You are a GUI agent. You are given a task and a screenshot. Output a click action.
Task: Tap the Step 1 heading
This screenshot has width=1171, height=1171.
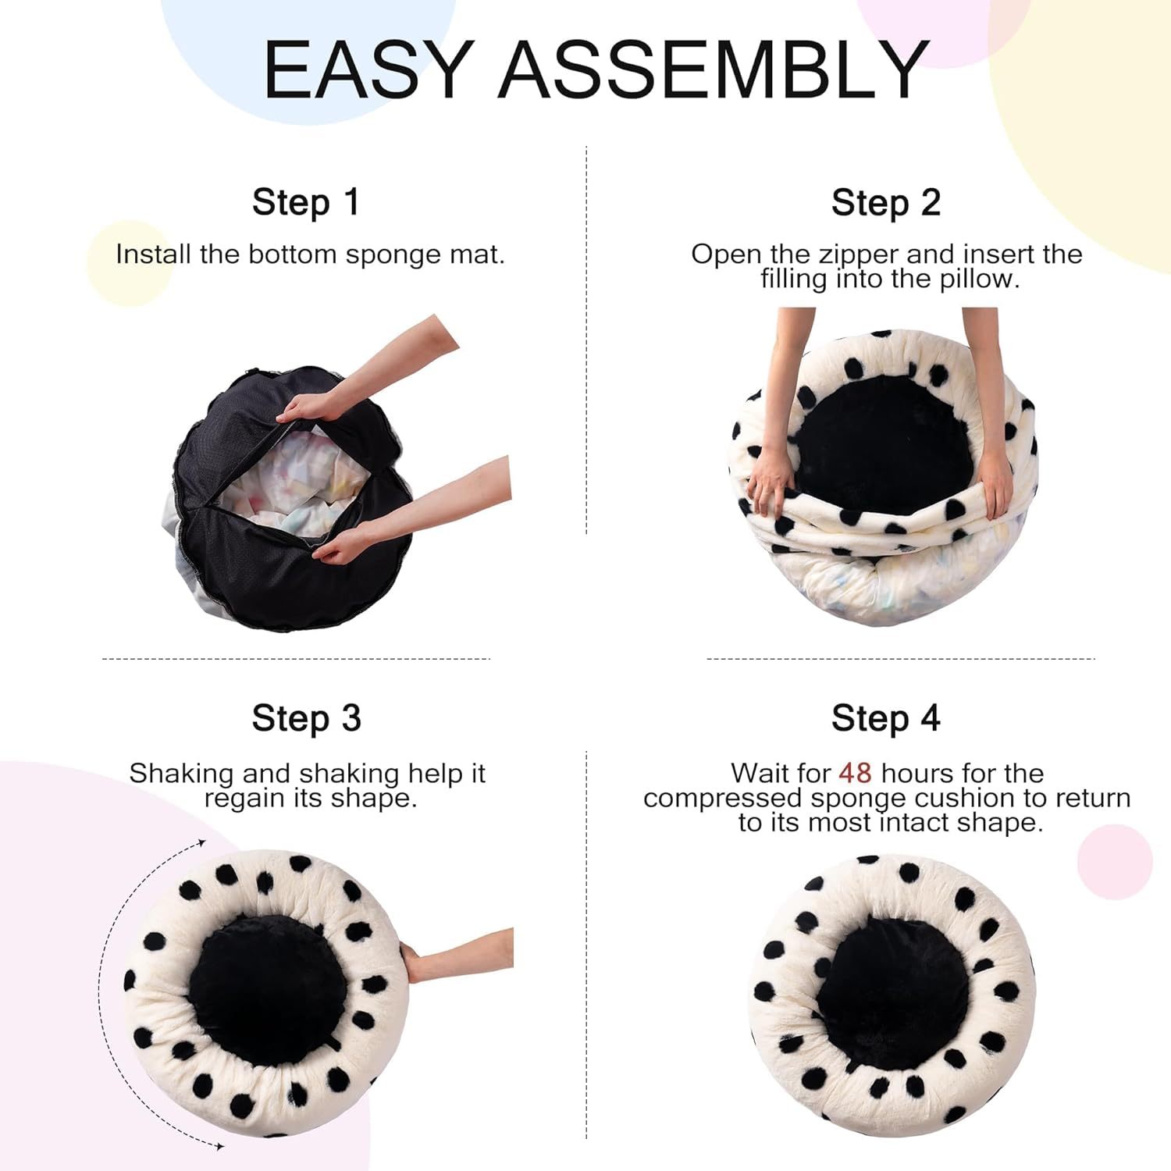(305, 202)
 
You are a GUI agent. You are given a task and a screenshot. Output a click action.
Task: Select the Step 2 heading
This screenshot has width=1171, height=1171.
(885, 202)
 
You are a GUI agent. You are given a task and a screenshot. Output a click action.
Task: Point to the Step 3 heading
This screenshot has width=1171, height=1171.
(306, 717)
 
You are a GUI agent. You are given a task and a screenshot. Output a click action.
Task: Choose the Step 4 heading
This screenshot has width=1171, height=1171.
(885, 717)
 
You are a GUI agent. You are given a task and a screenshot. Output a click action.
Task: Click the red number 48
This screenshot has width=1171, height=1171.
(855, 773)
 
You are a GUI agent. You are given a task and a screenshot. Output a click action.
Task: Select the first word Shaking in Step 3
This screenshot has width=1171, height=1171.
(182, 773)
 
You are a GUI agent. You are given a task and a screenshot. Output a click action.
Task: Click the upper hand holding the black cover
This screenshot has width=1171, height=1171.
(308, 408)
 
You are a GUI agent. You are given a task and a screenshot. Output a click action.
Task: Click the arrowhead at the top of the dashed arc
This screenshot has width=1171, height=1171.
(201, 843)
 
